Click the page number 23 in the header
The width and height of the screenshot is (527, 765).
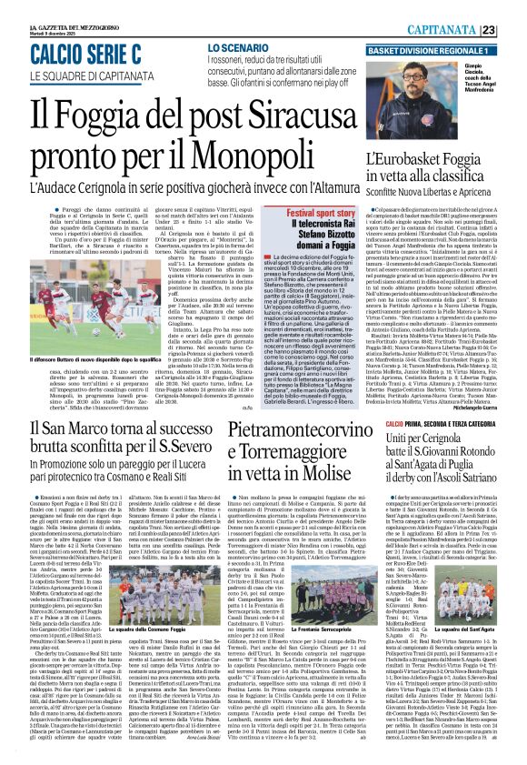513,30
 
